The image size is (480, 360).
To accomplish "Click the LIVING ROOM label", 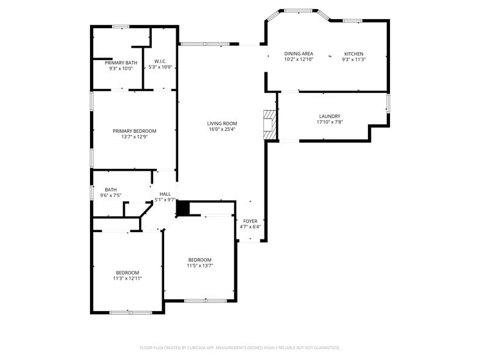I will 222,123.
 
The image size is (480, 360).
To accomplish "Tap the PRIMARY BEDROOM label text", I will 134,130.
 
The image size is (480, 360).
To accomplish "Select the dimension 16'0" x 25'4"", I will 222,129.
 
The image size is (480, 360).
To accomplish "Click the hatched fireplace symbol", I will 269,124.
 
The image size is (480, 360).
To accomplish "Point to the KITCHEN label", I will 353,54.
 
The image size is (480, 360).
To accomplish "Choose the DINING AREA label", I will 299,54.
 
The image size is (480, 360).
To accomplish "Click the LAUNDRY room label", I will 329,116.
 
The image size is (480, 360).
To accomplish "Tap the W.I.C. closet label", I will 160,61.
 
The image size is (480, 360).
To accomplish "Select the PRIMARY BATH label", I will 121,62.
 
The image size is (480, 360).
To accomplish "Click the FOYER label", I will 250,221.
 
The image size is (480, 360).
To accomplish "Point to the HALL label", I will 165,193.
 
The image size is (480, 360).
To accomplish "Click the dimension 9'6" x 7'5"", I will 111,195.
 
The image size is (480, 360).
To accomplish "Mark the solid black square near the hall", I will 183,209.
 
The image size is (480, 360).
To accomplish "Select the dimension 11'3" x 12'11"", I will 127,278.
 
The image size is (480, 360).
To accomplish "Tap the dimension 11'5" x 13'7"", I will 200,266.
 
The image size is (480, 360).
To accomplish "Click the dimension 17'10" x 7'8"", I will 329,122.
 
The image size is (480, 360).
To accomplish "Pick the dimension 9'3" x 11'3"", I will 353,59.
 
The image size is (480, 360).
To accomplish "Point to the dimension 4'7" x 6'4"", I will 250,227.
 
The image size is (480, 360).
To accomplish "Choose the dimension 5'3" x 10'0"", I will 160,67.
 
